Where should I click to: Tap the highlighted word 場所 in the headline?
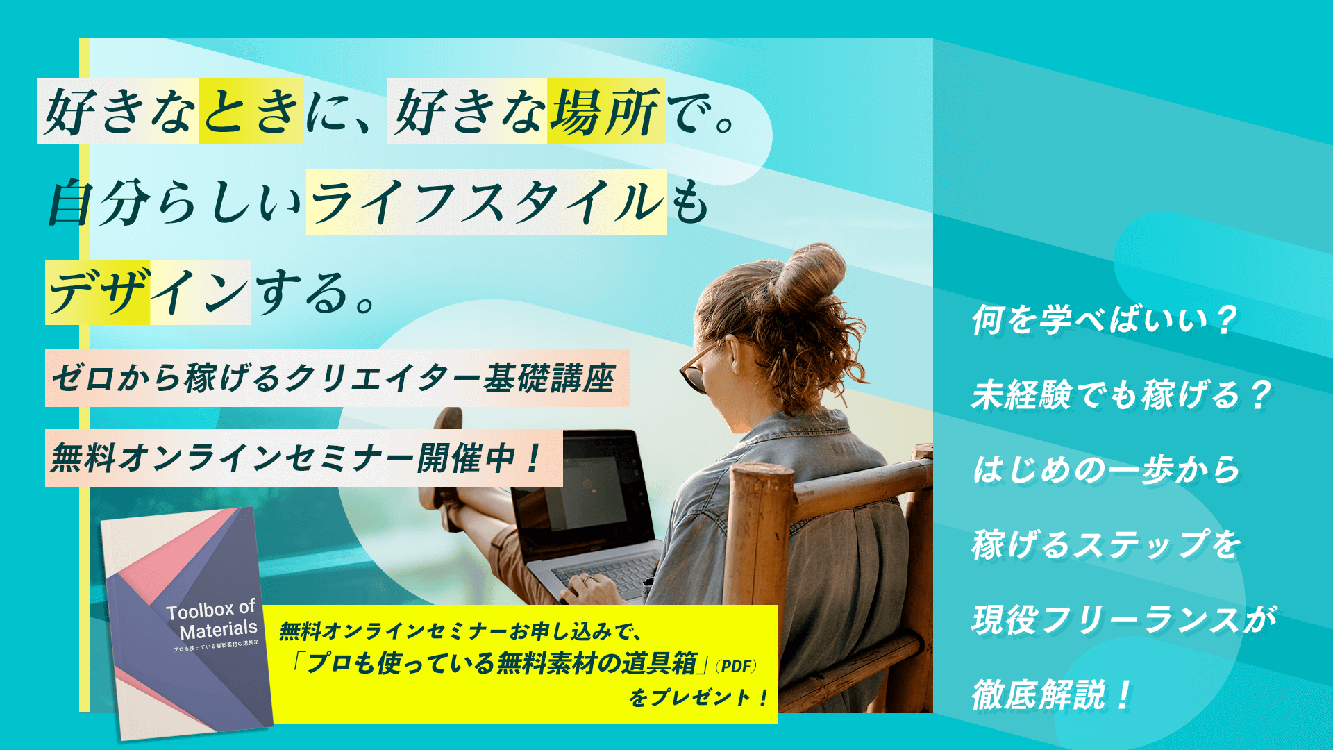(x=605, y=111)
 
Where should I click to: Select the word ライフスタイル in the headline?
(x=486, y=202)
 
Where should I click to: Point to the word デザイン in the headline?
(x=148, y=292)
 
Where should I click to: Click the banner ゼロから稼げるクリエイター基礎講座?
(x=337, y=378)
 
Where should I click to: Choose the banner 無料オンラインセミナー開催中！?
(x=303, y=458)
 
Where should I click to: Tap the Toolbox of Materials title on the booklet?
(x=212, y=619)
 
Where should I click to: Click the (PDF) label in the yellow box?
(x=736, y=666)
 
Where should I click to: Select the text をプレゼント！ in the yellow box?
(x=698, y=697)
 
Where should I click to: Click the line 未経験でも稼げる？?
(x=1121, y=394)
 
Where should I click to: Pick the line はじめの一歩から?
(x=1106, y=469)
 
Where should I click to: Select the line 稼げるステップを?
(x=1106, y=544)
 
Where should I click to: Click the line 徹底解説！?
(x=1052, y=694)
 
